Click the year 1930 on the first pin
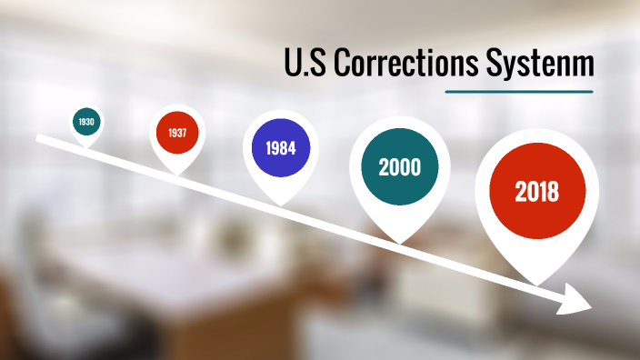click(86, 121)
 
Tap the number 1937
click(177, 133)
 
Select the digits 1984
click(281, 148)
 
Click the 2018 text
click(536, 192)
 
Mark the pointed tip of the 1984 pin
click(281, 205)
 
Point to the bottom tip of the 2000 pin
click(400, 242)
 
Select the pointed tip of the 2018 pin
click(535, 285)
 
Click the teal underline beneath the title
click(519, 91)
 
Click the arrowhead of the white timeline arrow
click(580, 299)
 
